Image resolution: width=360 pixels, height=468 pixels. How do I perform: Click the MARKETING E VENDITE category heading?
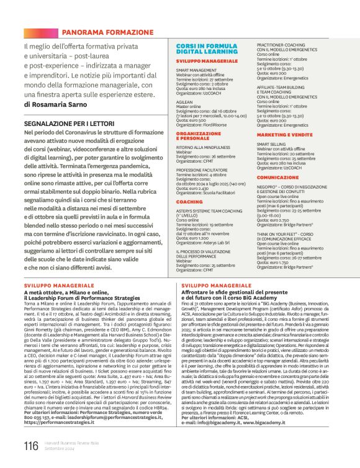pyautogui.click(x=284, y=135)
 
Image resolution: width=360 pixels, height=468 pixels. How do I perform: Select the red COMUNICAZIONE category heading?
pyautogui.click(x=277, y=177)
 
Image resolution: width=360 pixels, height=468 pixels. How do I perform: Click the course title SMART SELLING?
pyautogui.click(x=272, y=144)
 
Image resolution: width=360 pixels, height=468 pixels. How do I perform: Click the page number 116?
pyautogui.click(x=31, y=445)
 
